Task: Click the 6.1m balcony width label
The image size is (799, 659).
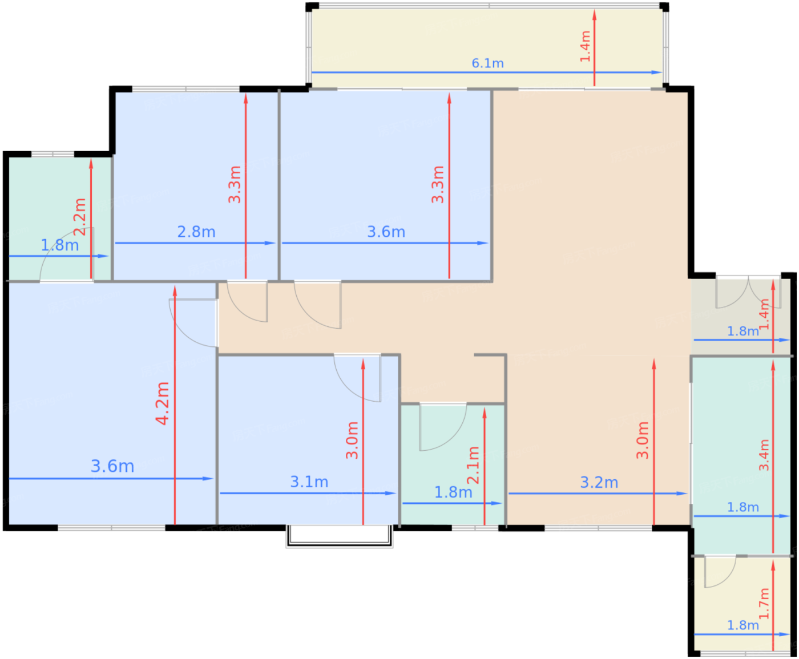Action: (x=487, y=63)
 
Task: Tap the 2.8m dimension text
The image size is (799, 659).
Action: (x=196, y=232)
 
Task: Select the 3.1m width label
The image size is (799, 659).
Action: (x=309, y=482)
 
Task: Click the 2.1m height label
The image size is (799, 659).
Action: (x=473, y=465)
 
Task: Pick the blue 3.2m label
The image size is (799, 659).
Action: (x=599, y=482)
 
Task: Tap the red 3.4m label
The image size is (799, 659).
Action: (x=764, y=455)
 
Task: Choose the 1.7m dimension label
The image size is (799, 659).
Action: (x=764, y=604)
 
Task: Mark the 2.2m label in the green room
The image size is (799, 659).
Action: (x=79, y=217)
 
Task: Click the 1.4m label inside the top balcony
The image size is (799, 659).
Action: (x=585, y=46)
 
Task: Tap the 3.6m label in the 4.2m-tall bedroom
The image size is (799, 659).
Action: (x=112, y=466)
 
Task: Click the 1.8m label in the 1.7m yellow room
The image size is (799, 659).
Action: (x=742, y=625)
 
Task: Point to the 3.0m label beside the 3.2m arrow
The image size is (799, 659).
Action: (x=642, y=440)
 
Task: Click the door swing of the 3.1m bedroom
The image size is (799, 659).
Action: (x=357, y=378)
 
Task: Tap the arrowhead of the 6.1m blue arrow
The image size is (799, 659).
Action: (x=657, y=72)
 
